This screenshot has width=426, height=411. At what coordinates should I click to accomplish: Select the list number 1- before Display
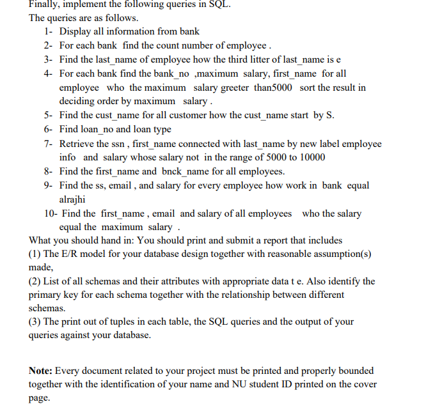pos(49,31)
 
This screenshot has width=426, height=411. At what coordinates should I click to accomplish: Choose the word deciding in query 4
pos(77,102)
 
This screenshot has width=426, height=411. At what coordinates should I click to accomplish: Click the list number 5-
pos(49,116)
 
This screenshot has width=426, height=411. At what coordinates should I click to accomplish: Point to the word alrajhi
pos(74,199)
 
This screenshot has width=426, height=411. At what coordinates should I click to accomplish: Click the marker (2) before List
pos(36,282)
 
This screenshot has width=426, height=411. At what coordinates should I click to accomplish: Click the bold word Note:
pos(42,371)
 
